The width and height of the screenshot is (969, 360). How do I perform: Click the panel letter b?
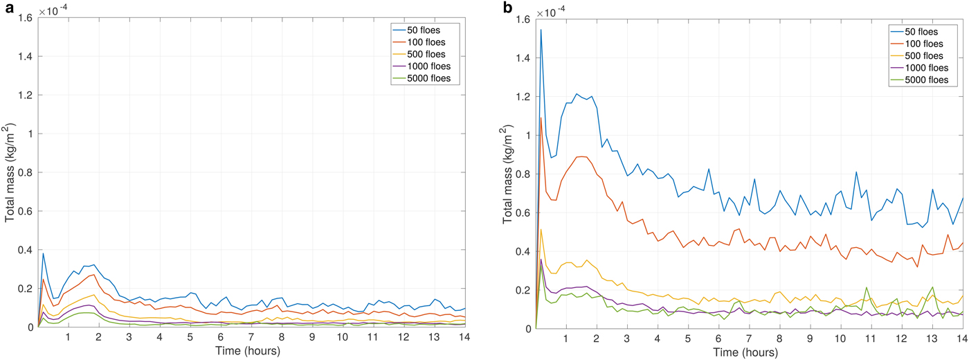click(508, 8)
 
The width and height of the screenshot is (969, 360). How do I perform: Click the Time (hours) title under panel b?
click(748, 353)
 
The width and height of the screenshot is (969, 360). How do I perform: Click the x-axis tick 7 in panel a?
click(251, 338)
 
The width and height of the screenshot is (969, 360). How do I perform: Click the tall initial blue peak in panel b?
click(541, 30)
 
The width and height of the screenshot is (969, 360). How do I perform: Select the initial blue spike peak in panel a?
click(43, 253)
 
